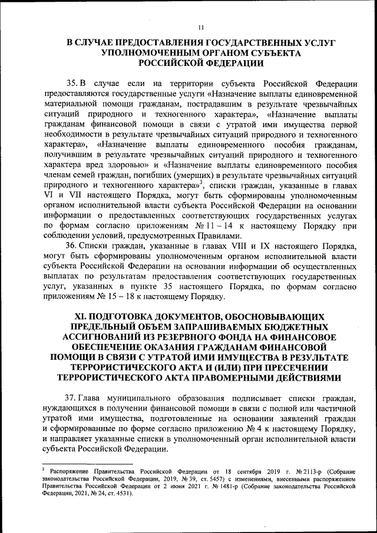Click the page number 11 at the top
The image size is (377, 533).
pyautogui.click(x=200, y=27)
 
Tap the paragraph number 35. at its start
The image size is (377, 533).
pyautogui.click(x=74, y=82)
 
